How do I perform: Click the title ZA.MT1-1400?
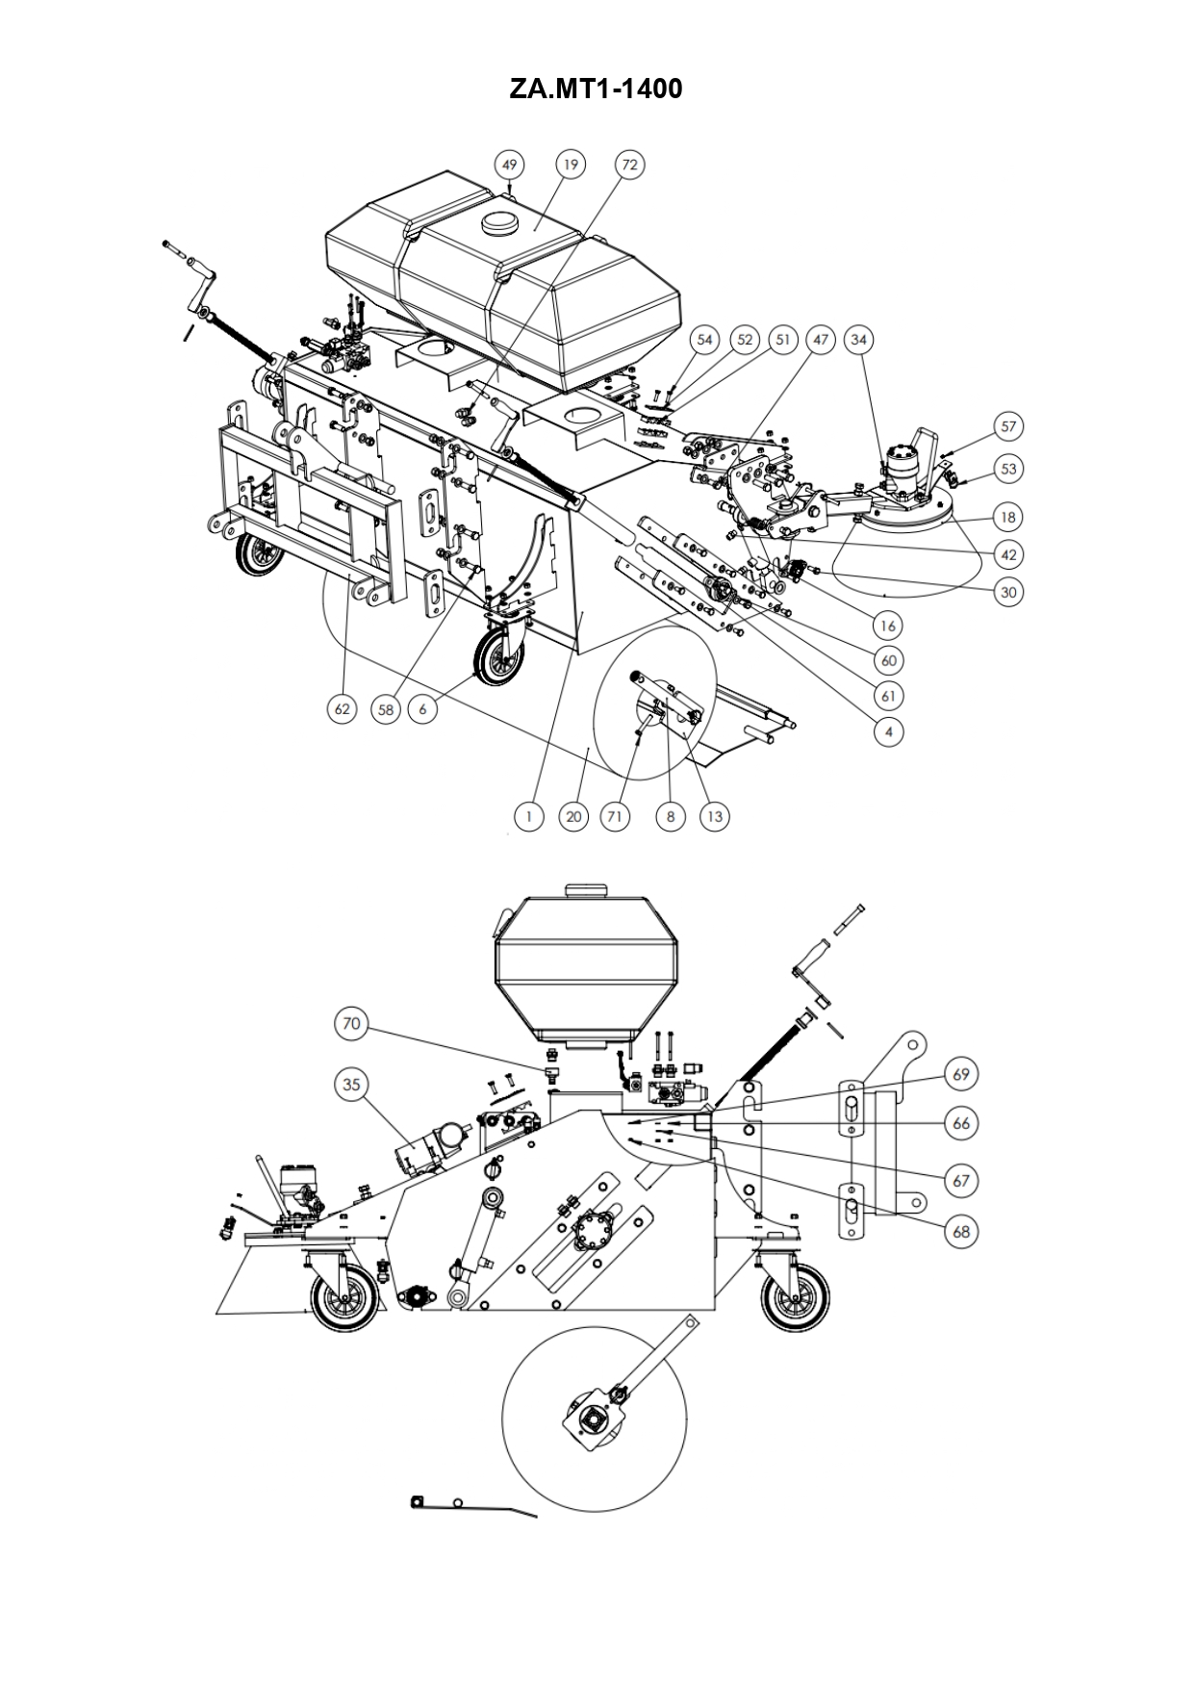click(596, 90)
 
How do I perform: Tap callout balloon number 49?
click(510, 165)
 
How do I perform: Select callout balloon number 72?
click(629, 165)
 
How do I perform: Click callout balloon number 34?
click(859, 340)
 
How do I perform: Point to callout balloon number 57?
click(1008, 426)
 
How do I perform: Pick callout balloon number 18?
click(1008, 517)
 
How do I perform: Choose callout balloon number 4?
click(889, 731)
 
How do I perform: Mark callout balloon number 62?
click(343, 709)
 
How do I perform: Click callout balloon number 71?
click(615, 816)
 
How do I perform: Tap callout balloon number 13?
click(714, 816)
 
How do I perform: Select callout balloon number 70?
click(351, 1023)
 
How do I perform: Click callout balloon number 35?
click(351, 1085)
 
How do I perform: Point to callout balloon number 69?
click(961, 1073)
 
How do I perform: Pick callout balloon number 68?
click(961, 1231)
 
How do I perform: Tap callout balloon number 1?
click(528, 816)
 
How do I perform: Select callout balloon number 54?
click(705, 340)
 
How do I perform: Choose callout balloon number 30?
click(1008, 592)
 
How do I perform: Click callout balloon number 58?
click(386, 709)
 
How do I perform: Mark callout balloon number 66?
click(961, 1123)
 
